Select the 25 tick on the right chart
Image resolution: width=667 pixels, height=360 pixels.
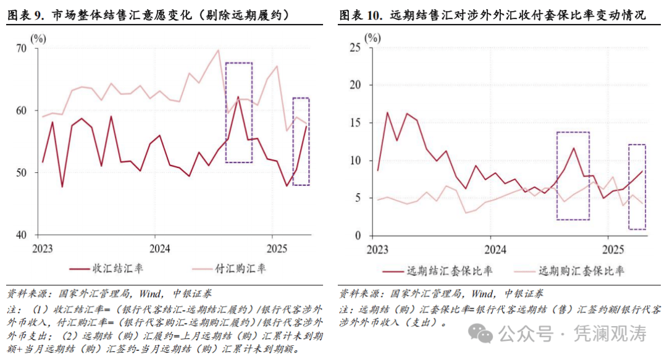point(354,47)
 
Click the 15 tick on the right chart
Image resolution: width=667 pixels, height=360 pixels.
point(354,123)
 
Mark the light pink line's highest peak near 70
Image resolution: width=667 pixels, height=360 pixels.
point(218,51)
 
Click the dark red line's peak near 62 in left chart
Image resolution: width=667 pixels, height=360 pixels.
point(238,97)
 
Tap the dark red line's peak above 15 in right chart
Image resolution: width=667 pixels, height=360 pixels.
point(387,112)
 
